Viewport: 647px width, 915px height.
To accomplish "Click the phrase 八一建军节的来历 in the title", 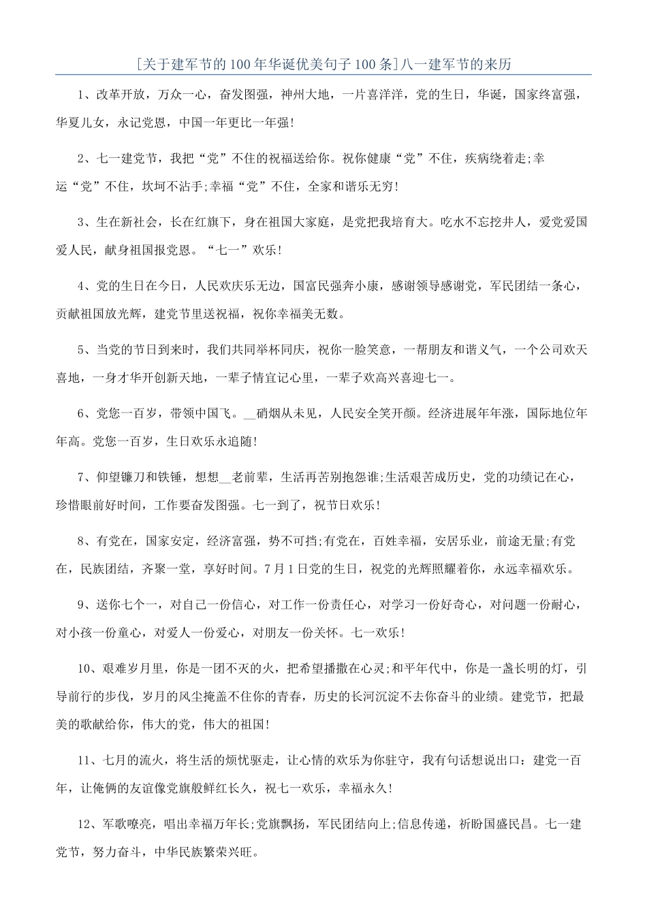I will (456, 65).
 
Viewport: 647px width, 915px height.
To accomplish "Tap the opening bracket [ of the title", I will (138, 65).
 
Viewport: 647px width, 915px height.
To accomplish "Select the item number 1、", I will (86, 95).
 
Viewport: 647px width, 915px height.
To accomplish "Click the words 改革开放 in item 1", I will (120, 95).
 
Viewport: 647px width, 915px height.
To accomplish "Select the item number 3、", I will (86, 222).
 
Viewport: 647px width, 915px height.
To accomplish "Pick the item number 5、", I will (86, 349).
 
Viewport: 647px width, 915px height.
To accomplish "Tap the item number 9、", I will (86, 604).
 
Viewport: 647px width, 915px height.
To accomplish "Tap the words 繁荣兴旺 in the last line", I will (230, 852).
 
